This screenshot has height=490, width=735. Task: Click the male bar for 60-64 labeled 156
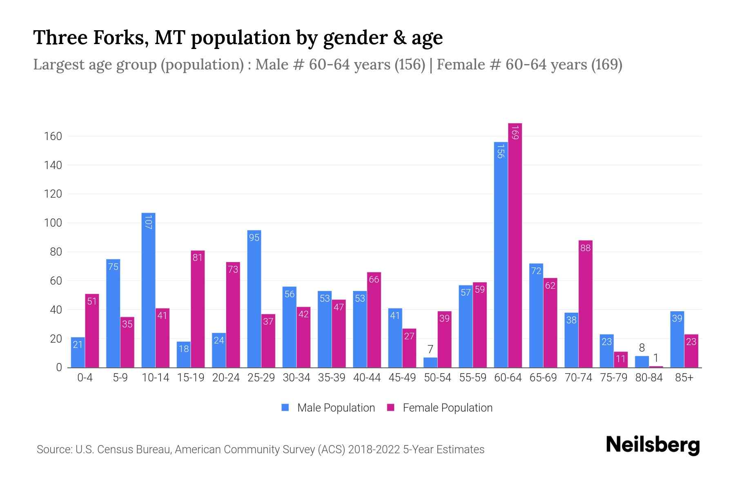[x=501, y=255]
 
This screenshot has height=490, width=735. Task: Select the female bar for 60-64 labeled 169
[x=515, y=245]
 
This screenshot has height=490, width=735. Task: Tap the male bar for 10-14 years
[x=148, y=290]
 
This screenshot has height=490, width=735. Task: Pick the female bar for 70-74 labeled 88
[x=585, y=304]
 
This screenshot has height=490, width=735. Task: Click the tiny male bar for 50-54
[x=430, y=363]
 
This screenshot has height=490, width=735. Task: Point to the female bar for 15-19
[x=198, y=309]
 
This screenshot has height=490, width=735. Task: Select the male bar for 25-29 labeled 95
[x=254, y=299]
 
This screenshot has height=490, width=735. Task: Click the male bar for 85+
[x=677, y=339]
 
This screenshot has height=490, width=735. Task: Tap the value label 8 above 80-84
[x=641, y=348]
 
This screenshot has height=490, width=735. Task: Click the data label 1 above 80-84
[x=656, y=358]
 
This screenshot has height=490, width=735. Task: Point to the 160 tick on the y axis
[x=53, y=136]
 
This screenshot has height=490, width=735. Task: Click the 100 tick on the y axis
[x=53, y=223]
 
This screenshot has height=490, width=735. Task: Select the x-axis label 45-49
[x=402, y=378]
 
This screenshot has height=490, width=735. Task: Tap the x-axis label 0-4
[x=85, y=378]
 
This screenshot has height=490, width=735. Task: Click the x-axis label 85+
[x=684, y=378]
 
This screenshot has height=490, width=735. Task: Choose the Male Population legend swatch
[x=285, y=408]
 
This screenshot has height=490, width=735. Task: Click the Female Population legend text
[x=448, y=408]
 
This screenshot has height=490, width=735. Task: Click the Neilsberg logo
[x=653, y=445]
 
